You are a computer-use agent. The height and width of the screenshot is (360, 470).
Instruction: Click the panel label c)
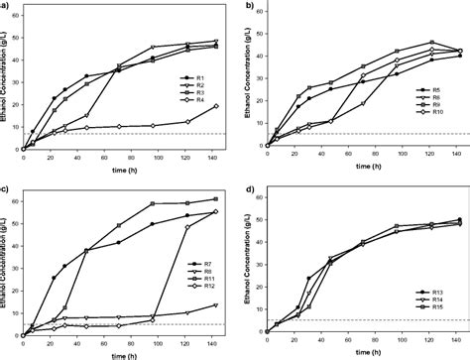pos(5,187)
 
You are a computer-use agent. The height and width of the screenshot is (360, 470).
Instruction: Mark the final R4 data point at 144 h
pos(216,106)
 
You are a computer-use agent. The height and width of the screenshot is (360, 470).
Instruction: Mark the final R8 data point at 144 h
pos(216,304)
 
